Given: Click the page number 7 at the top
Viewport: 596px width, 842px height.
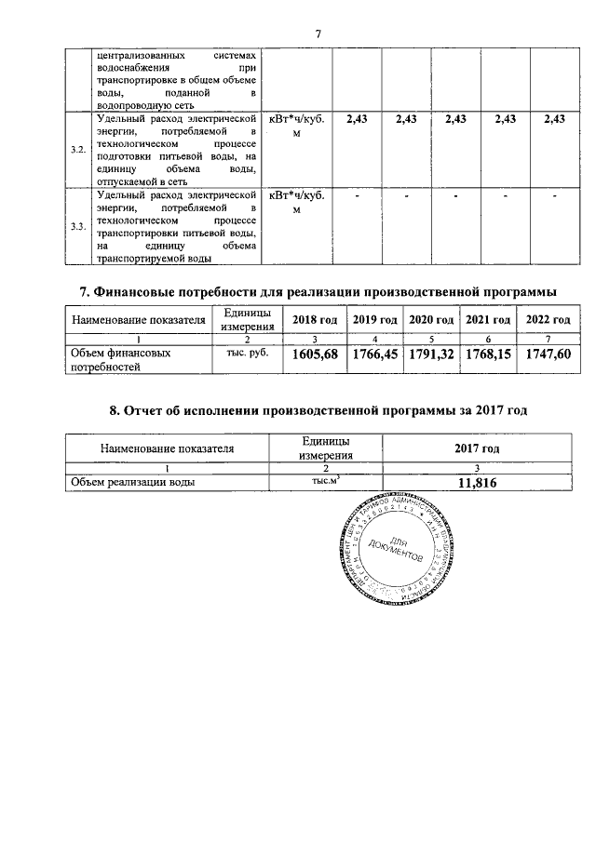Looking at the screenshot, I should click(318, 34).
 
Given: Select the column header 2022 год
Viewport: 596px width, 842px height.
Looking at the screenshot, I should click(548, 320).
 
